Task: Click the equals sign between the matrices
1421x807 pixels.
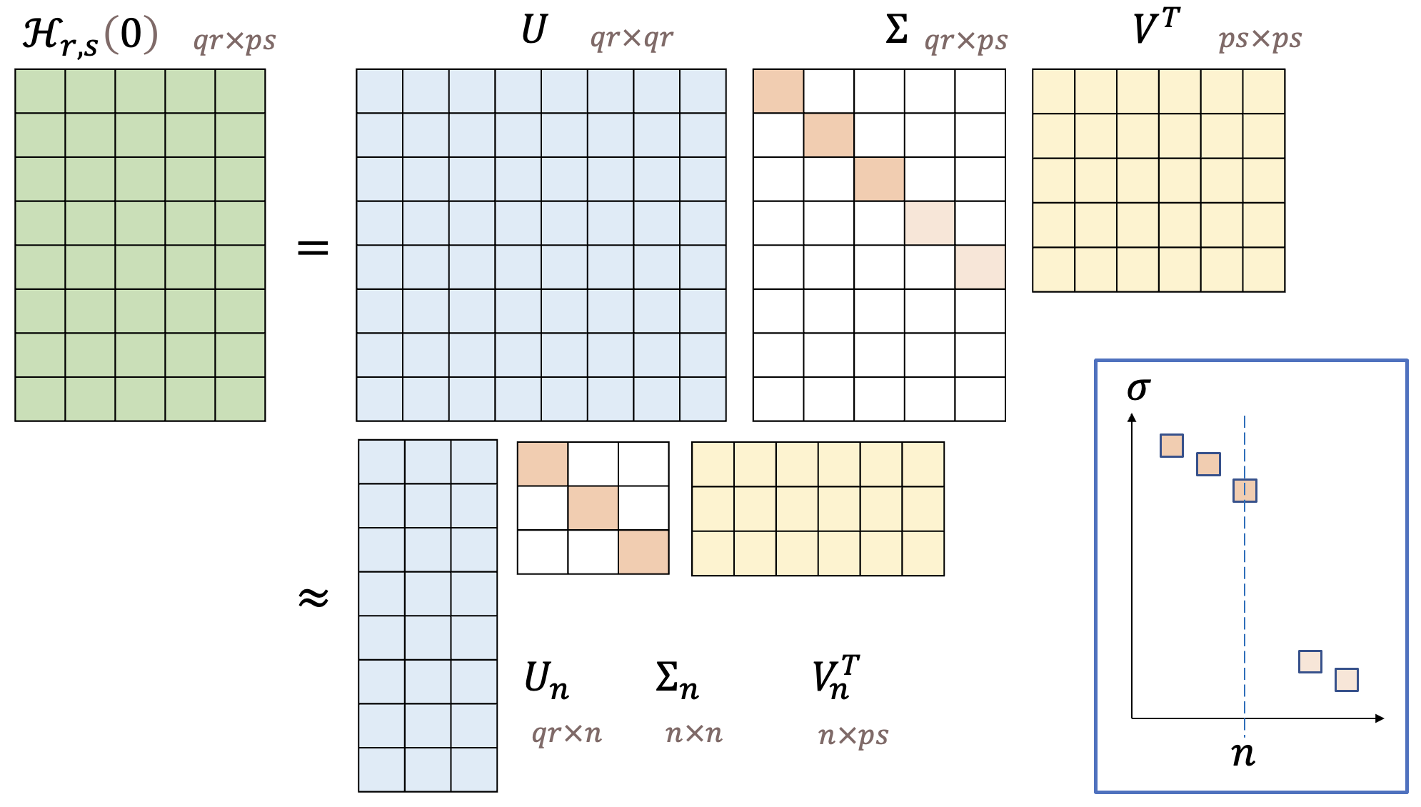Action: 313,249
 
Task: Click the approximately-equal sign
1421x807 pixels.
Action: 313,597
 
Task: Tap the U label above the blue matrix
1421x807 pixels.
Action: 533,31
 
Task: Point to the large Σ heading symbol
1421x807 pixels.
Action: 897,31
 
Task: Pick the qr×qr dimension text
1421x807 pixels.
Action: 631,37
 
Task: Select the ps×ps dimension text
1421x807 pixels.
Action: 1260,38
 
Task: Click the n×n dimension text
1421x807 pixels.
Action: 693,733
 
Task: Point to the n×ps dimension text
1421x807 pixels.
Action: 853,734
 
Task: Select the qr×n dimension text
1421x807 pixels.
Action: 566,733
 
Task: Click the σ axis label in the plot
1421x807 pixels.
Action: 1138,389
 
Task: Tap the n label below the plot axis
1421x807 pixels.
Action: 1243,753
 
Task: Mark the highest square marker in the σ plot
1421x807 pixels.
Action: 1172,446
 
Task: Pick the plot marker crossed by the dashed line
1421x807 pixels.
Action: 1245,491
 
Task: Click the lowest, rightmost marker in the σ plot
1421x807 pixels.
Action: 1347,679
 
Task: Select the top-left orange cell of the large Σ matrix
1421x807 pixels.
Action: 778,91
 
